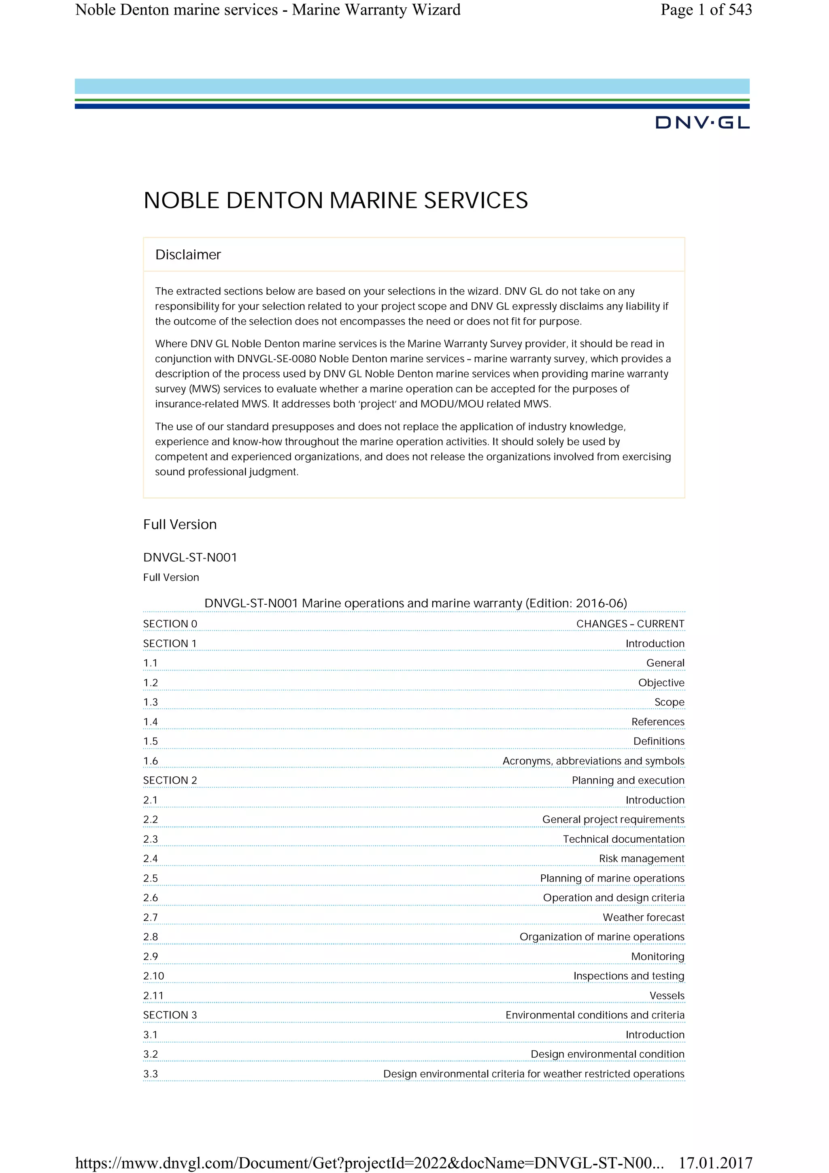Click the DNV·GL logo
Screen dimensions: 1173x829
[x=702, y=123]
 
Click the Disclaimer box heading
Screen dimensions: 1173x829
[x=188, y=255]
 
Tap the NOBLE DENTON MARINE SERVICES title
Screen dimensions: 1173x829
[x=336, y=200]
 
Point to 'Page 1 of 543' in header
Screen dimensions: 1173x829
[x=706, y=10]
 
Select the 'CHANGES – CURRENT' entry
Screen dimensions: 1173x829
[x=630, y=624]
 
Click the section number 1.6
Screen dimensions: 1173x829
[x=151, y=761]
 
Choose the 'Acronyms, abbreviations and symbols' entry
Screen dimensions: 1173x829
[x=593, y=761]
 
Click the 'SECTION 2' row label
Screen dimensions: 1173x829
[x=170, y=780]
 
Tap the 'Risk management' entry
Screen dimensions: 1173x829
[x=641, y=858]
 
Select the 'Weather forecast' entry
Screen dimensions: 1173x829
[x=643, y=917]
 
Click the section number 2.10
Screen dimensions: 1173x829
[x=154, y=976]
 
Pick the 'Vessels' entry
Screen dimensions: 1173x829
[x=667, y=995]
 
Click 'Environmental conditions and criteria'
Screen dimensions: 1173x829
[x=595, y=1015]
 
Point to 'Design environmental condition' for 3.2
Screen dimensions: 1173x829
[x=607, y=1054]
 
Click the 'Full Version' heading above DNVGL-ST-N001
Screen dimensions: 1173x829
[x=180, y=524]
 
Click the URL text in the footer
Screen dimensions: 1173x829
[x=369, y=1163]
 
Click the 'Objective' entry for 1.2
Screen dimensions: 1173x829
[x=661, y=682]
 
